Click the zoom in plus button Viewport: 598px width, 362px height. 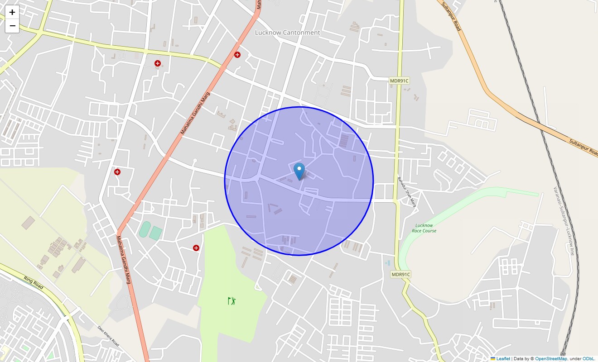pos(12,12)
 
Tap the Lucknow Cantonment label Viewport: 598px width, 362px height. pos(287,33)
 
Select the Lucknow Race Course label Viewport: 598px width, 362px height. pos(424,228)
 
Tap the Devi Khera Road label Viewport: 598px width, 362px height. pos(108,336)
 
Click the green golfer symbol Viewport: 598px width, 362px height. pos(232,300)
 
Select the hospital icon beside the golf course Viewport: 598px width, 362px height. pos(196,248)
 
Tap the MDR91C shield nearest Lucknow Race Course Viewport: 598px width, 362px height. pos(400,275)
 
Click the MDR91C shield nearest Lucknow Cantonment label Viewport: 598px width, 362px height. pos(399,81)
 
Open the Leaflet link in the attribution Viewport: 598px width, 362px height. pos(503,359)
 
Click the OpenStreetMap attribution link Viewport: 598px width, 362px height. pos(551,359)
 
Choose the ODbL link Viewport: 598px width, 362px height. pos(588,359)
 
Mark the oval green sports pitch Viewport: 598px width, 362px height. pos(145,229)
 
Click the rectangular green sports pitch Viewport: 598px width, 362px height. pos(155,233)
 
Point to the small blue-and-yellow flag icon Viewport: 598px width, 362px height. pos(493,359)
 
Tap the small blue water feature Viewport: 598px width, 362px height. pos(387,262)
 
